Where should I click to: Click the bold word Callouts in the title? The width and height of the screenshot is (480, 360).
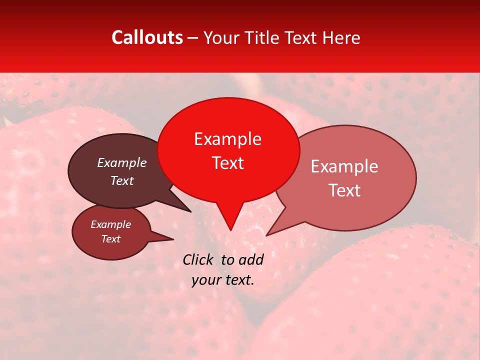[147, 37]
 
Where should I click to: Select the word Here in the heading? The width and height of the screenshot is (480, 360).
[341, 37]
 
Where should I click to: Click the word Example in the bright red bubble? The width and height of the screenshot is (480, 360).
[227, 139]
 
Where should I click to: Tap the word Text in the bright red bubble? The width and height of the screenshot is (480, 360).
[227, 163]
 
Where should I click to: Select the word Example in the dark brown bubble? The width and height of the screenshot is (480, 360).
[122, 163]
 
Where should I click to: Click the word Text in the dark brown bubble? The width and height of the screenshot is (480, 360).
[122, 180]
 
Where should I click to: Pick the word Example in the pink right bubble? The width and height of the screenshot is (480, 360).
[344, 166]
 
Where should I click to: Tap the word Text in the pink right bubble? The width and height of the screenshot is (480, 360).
[344, 190]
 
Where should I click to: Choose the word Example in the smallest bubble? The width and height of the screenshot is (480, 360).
[110, 224]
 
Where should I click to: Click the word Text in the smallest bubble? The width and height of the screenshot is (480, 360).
[110, 239]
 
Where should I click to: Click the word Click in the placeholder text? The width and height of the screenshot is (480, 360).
[198, 259]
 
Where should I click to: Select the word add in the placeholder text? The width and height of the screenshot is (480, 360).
[251, 259]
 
